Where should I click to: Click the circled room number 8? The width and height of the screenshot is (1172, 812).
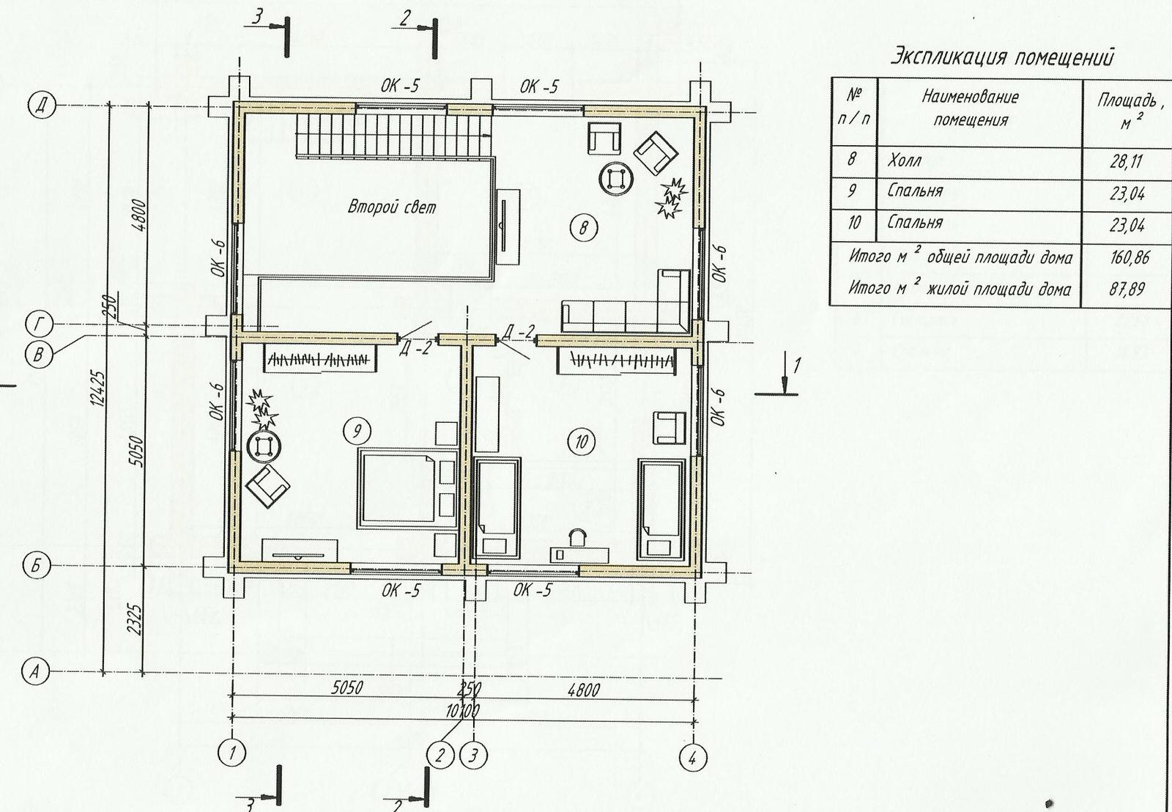[x=584, y=228]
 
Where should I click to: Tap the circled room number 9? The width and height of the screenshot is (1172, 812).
[x=357, y=432]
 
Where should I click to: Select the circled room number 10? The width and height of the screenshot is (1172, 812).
[x=582, y=443]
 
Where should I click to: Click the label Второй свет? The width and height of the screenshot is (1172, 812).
[x=392, y=207]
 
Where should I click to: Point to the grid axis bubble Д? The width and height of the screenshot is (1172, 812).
[x=41, y=106]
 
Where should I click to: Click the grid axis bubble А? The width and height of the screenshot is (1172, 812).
[x=34, y=672]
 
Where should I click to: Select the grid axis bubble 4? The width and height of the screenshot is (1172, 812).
[x=693, y=759]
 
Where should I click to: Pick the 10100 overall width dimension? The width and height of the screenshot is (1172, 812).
[x=462, y=712]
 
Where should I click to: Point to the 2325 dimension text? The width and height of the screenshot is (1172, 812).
[x=136, y=619]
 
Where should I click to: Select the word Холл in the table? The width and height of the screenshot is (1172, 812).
[x=904, y=160]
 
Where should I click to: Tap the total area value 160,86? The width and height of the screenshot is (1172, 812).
[x=1129, y=257]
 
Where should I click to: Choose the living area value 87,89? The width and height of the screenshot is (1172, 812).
[x=1127, y=289]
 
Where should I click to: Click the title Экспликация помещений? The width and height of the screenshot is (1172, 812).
[x=1002, y=58]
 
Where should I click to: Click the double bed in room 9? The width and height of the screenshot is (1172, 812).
[x=408, y=489]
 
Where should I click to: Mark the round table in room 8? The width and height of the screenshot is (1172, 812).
[x=617, y=179]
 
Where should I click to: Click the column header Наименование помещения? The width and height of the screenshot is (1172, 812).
[x=971, y=108]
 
